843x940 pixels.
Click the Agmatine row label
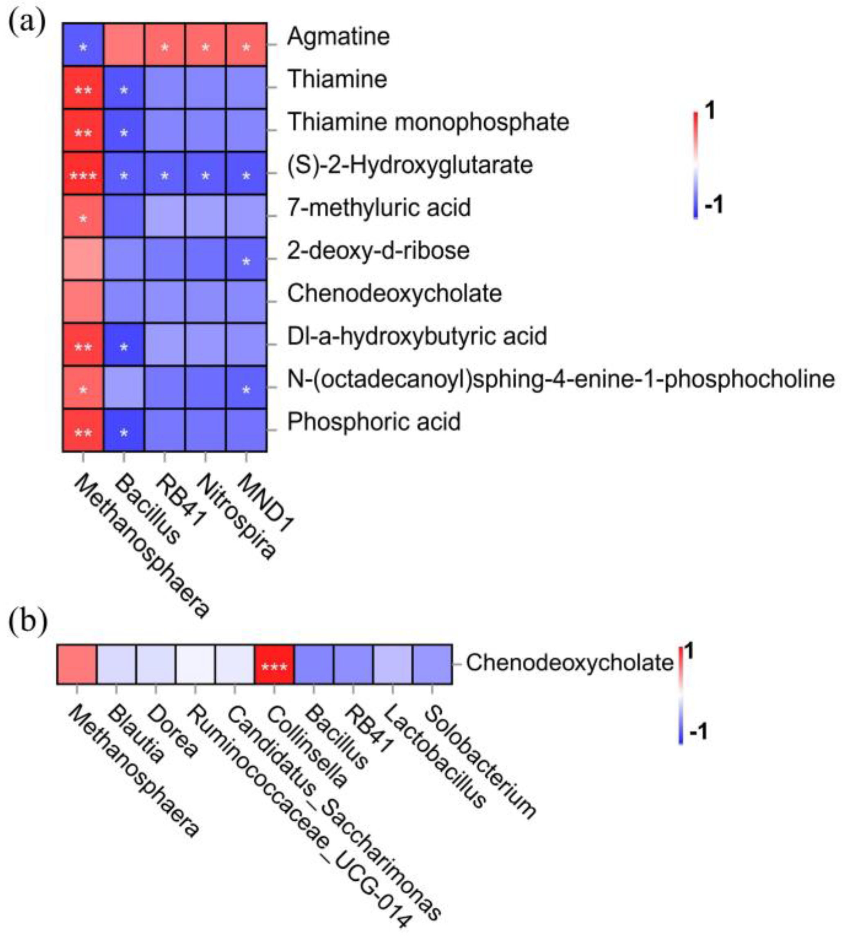[x=338, y=36]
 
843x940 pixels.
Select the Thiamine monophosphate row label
[x=428, y=122]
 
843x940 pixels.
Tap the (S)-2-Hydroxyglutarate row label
[x=410, y=165]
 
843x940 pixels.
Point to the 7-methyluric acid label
[x=379, y=207]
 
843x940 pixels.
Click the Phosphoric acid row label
[x=374, y=422]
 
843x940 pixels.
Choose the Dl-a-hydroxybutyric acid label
[x=417, y=336]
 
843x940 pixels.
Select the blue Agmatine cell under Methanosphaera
[x=83, y=45]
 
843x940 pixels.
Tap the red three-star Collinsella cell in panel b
[x=274, y=664]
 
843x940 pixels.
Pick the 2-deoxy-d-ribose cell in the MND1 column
[x=246, y=259]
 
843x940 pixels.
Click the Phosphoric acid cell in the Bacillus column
[x=124, y=430]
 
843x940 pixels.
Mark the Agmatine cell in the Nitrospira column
[x=205, y=45]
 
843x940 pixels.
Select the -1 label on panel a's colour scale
[x=713, y=205]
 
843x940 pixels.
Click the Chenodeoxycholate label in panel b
[x=569, y=663]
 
